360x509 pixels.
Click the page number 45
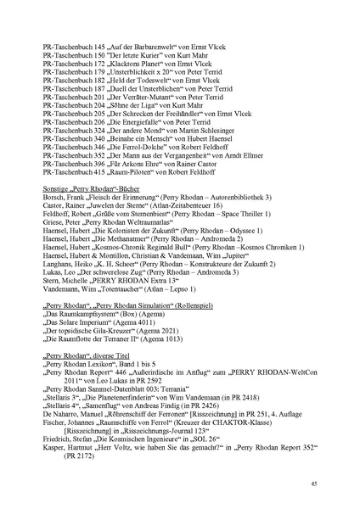coord(313,483)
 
